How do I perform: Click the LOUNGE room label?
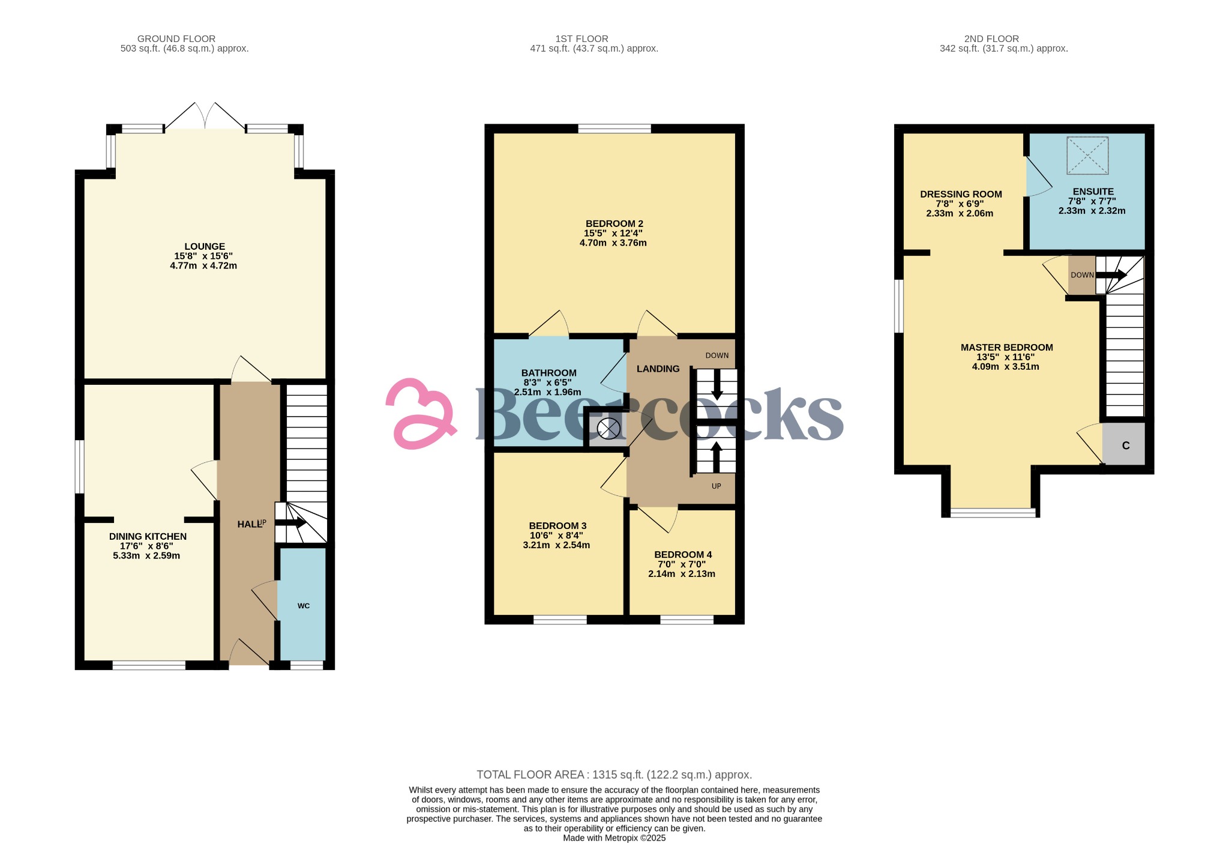(x=205, y=246)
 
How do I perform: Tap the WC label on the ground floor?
(x=304, y=606)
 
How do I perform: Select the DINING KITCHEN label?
(x=148, y=536)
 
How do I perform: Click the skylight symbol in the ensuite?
(x=1087, y=156)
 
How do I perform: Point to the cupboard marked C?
(x=1125, y=446)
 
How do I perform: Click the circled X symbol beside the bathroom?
(x=608, y=429)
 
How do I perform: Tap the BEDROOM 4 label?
(x=683, y=554)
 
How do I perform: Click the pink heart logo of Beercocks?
(x=420, y=414)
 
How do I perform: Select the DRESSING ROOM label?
(x=961, y=194)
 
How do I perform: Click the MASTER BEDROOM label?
(x=1006, y=347)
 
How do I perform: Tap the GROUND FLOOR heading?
(x=176, y=38)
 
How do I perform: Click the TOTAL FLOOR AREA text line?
(x=614, y=775)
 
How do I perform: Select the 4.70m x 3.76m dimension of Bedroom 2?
(x=613, y=243)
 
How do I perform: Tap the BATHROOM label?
(x=548, y=373)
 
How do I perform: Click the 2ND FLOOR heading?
(x=991, y=38)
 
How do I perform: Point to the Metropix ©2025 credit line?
(x=614, y=838)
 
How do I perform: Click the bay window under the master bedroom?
(x=993, y=512)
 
